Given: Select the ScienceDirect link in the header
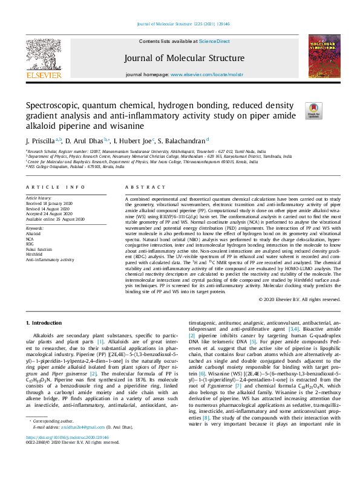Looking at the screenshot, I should click(215, 41).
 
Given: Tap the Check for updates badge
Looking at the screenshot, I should click(315, 110).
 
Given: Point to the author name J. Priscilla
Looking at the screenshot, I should click(41, 140).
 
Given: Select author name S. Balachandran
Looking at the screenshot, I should click(184, 140).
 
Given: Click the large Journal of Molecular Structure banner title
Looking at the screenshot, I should click(180, 58).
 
